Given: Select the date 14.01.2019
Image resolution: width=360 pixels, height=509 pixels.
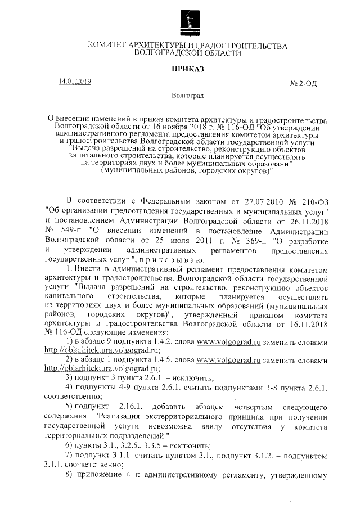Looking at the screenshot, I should tap(74, 82).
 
